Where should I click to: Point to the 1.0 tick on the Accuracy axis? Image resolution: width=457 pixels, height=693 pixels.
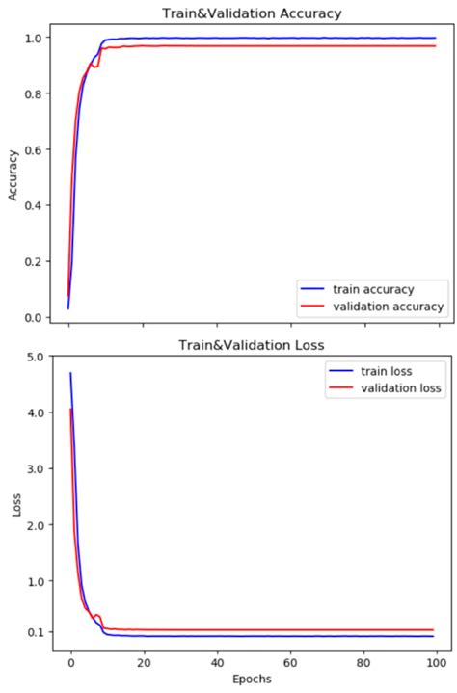(32, 38)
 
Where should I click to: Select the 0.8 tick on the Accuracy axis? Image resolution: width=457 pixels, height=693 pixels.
(32, 93)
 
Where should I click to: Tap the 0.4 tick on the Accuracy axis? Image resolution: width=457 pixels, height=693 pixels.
(32, 205)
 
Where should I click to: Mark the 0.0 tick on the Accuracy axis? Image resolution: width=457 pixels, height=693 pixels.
(32, 317)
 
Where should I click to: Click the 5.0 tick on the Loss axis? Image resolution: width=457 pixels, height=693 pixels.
(32, 357)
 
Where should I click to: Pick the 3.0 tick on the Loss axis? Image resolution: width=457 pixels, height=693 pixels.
(32, 469)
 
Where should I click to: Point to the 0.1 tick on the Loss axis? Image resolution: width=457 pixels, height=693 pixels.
(32, 632)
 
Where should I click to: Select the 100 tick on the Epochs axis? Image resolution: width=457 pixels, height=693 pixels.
(437, 662)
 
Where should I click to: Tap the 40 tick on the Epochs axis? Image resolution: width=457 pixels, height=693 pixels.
(217, 662)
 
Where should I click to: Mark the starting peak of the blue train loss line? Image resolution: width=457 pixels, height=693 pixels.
(70, 373)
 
